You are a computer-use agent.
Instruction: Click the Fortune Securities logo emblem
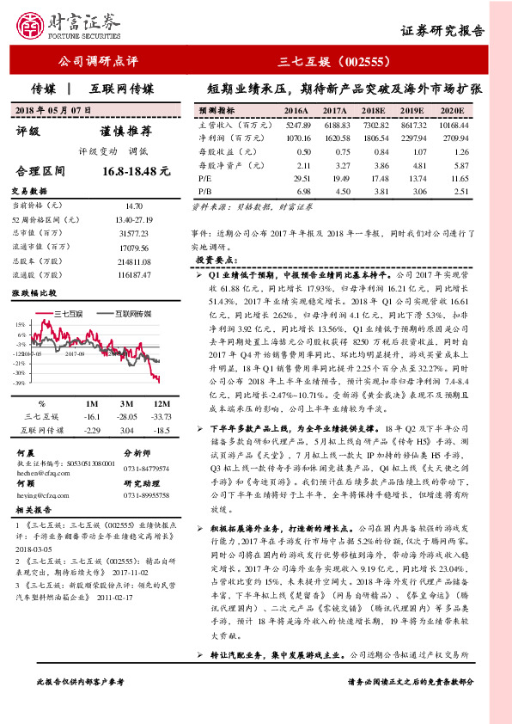pyautogui.click(x=32, y=25)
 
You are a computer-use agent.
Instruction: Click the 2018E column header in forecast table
pyautogui.click(x=373, y=112)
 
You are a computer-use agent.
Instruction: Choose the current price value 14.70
pyautogui.click(x=133, y=206)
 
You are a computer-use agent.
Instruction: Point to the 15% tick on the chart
pyautogui.click(x=19, y=323)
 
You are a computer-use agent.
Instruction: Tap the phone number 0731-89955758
pyautogui.click(x=149, y=495)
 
